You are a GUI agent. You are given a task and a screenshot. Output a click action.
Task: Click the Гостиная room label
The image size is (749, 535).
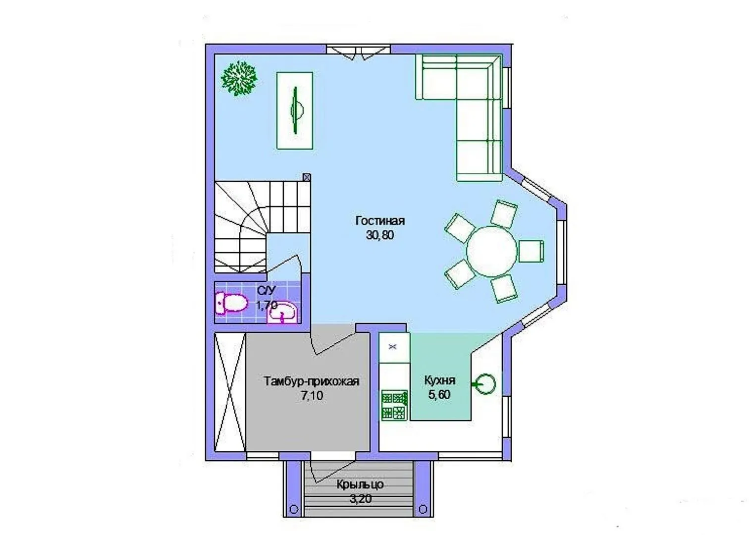pyautogui.click(x=380, y=221)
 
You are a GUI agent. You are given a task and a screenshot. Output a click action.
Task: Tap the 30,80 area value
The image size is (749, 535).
pyautogui.click(x=379, y=235)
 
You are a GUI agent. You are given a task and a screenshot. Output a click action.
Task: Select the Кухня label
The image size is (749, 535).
pyautogui.click(x=440, y=380)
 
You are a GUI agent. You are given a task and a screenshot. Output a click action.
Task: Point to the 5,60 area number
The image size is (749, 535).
pyautogui.click(x=439, y=394)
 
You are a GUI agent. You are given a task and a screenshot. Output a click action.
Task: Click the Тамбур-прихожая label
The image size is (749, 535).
pyautogui.click(x=312, y=381)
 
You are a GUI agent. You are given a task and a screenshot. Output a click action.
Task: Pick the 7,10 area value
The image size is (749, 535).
pyautogui.click(x=312, y=396)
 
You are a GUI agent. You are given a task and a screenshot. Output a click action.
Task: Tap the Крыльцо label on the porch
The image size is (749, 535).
pyautogui.click(x=360, y=484)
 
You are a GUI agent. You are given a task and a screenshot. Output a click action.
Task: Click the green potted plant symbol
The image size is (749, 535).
pyautogui.click(x=239, y=78)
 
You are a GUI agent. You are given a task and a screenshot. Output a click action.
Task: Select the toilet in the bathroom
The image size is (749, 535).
pyautogui.click(x=231, y=303)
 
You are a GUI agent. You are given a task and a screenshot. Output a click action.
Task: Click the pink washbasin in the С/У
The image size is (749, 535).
pyautogui.click(x=282, y=312)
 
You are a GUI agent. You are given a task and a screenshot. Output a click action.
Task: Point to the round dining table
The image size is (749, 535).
pyautogui.click(x=491, y=252)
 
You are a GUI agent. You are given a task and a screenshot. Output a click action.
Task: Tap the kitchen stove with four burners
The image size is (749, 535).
pyautogui.click(x=394, y=405)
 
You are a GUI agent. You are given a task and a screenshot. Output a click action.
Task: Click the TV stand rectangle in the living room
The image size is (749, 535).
pyautogui.click(x=295, y=110)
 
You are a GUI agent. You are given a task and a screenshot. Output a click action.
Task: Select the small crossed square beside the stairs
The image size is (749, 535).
pyautogui.click(x=307, y=177)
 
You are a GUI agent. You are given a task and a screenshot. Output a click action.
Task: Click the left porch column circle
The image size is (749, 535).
pyautogui.click(x=294, y=509)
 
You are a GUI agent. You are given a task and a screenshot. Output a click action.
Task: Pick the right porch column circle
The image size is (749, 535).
pyautogui.click(x=423, y=509)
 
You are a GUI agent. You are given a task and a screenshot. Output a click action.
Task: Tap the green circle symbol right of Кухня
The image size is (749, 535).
pyautogui.click(x=485, y=384)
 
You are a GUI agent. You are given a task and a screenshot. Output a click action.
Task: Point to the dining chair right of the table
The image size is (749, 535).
pyautogui.click(x=531, y=252)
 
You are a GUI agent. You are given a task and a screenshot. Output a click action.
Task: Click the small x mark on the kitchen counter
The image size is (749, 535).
pyautogui.click(x=392, y=347)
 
